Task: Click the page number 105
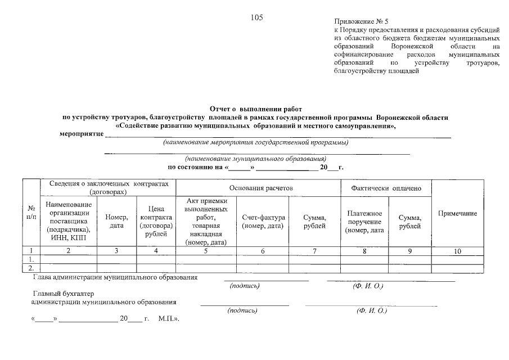tap(257, 17)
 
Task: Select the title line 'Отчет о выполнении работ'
tap(256, 108)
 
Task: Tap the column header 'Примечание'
tap(457, 214)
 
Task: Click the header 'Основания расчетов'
tap(258, 188)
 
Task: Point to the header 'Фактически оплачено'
tap(386, 188)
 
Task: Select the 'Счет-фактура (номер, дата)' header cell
tap(264, 222)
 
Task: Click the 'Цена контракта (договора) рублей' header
tap(156, 222)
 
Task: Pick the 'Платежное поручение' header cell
tap(365, 222)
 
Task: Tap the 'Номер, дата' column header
tap(116, 222)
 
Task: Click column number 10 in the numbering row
tap(457, 252)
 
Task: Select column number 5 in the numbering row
tap(206, 251)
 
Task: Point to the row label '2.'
tap(31, 268)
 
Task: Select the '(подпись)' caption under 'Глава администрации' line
tap(245, 286)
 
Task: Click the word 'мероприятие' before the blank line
tap(82, 134)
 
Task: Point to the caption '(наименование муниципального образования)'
tap(255, 159)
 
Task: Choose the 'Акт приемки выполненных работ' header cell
tap(206, 222)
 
